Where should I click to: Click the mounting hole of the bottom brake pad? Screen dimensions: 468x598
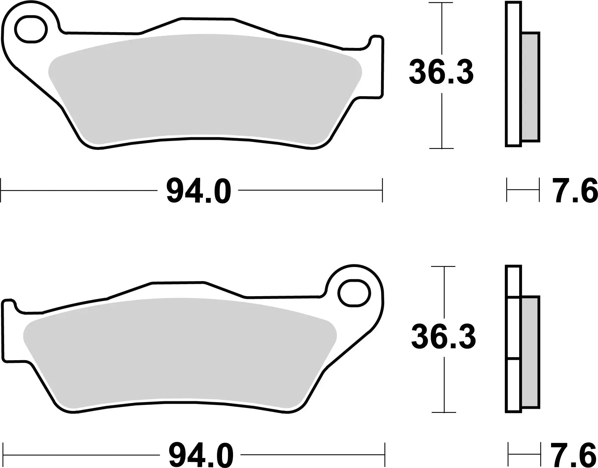354,293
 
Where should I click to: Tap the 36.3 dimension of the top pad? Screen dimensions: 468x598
441,72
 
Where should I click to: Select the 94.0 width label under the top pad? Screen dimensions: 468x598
199,191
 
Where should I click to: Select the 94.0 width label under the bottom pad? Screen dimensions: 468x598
201,455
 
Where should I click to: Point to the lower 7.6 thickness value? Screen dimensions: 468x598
574,455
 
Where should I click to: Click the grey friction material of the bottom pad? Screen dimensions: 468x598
178,353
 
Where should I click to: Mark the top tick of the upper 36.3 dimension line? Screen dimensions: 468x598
442,3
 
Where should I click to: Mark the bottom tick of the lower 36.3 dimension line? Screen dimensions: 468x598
444,412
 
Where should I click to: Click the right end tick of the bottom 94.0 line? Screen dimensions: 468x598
385,455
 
